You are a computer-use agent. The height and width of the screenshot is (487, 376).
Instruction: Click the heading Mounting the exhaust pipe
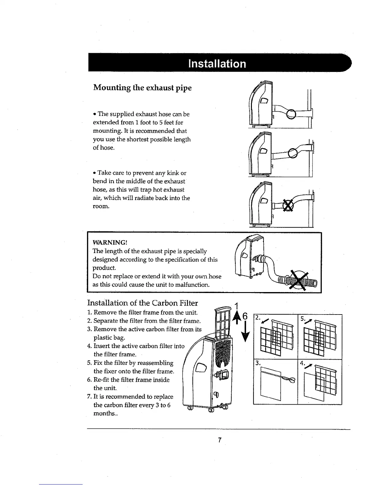click(142, 88)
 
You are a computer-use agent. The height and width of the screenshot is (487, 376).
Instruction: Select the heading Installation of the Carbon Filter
click(143, 303)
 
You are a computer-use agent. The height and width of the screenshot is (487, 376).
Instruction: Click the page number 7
click(219, 440)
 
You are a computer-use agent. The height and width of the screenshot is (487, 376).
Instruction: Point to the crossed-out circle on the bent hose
click(288, 205)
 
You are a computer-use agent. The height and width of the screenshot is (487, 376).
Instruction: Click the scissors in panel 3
click(289, 380)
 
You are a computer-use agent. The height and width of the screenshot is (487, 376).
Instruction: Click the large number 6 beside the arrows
click(245, 316)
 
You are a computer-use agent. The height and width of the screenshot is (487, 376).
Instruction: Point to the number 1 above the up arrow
click(237, 306)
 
